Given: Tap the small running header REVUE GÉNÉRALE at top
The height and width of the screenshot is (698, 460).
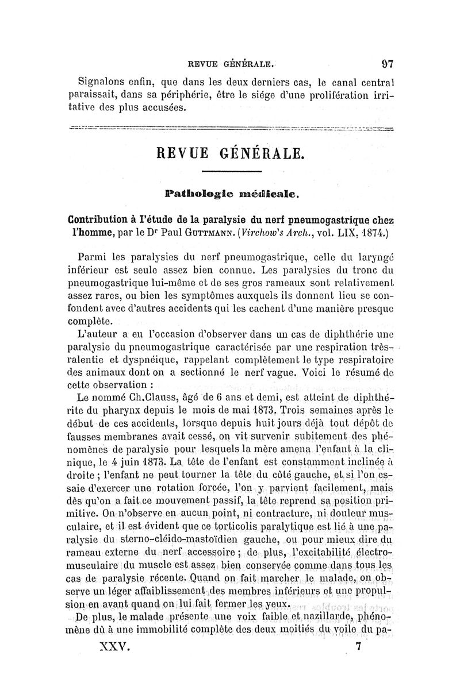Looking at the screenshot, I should click(228, 64).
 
